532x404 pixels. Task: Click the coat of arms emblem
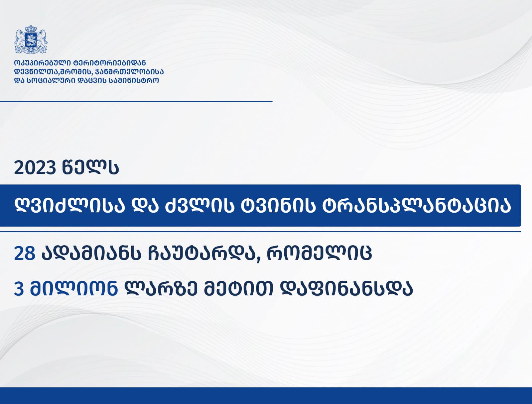click(x=31, y=39)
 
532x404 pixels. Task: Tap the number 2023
click(x=35, y=168)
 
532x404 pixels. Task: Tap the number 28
click(x=25, y=253)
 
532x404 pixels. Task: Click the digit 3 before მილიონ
click(x=19, y=289)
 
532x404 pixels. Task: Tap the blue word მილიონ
click(x=74, y=288)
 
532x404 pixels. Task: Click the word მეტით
click(x=238, y=289)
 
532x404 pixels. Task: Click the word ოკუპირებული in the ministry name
click(x=43, y=63)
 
